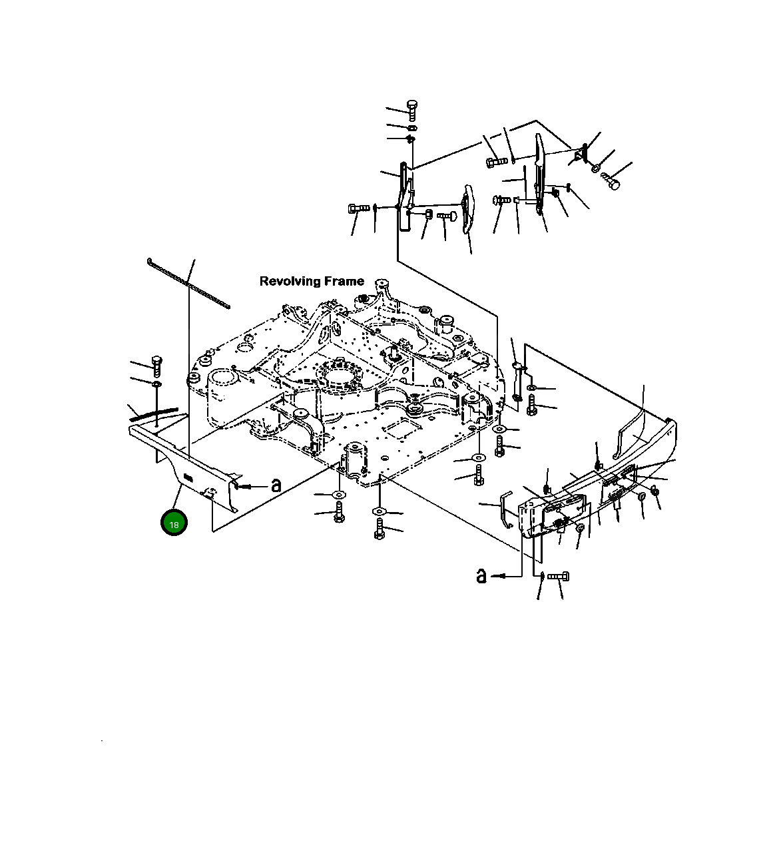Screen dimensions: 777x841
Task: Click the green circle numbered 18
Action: tap(174, 523)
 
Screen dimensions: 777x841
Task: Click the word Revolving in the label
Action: tap(291, 282)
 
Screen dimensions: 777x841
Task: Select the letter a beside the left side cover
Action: tap(276, 485)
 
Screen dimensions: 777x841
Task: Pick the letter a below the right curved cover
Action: tap(481, 576)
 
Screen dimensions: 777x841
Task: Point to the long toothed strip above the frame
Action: tap(188, 283)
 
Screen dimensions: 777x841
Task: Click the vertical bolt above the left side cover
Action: tap(156, 366)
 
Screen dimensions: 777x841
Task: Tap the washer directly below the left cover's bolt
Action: tap(156, 384)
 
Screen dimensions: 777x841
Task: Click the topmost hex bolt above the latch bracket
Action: tap(412, 111)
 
